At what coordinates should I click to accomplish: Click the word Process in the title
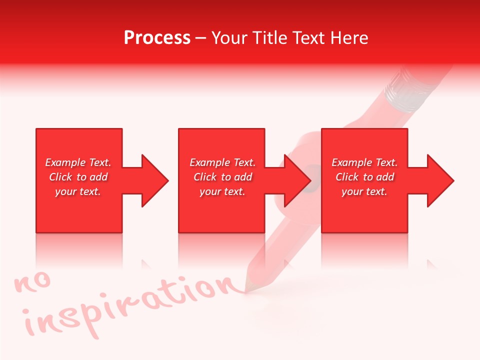157,38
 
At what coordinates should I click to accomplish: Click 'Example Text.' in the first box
78,162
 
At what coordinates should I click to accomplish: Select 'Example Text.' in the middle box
222,162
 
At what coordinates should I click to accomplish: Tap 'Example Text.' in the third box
364,162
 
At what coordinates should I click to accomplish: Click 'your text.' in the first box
78,191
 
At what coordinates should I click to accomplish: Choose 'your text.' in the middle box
222,191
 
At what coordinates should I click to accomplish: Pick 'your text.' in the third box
364,191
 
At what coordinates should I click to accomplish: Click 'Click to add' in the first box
78,177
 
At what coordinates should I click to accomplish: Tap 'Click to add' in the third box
364,177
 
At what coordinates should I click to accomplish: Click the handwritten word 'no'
33,282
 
